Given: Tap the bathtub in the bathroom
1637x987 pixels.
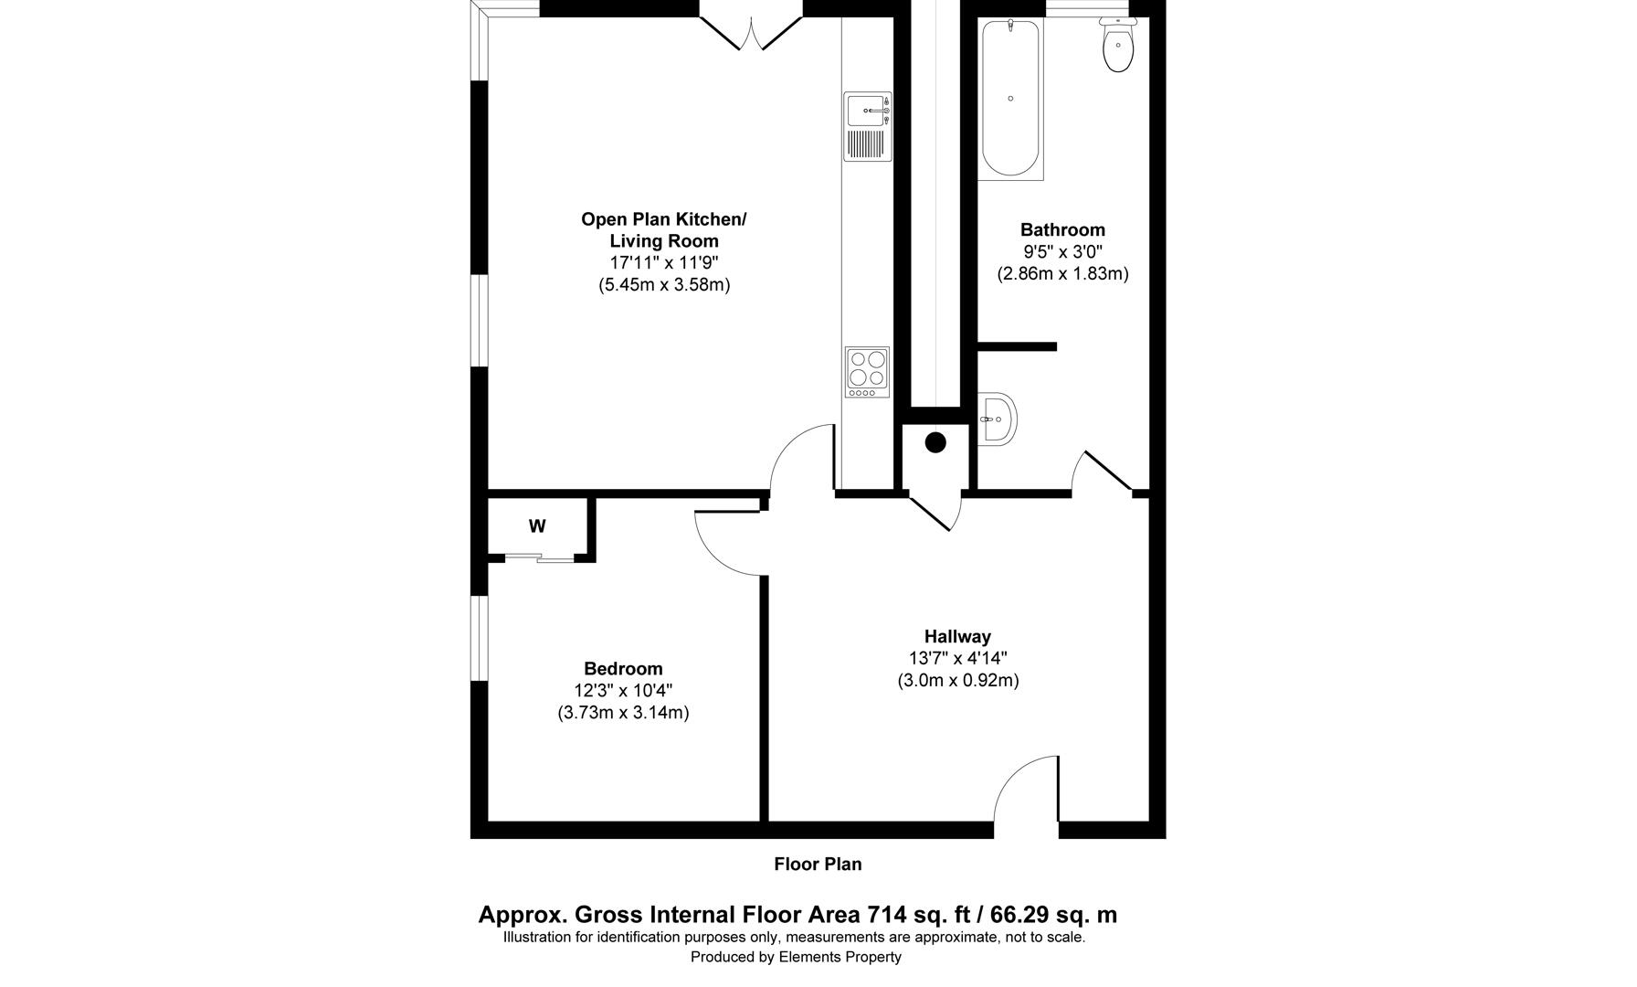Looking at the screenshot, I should pos(1010,99).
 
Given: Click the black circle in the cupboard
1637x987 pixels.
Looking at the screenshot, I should pos(935,443).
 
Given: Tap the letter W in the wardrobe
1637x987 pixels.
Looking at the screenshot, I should pos(537,526).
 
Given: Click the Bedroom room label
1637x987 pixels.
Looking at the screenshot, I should pos(623,669).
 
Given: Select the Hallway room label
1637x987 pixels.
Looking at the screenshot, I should pos(957,637).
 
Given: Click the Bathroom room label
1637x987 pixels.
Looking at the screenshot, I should pos(1062,230).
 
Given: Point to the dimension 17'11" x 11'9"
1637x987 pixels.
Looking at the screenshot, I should pos(664,263).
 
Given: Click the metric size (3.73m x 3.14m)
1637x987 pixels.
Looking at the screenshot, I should pos(623,713).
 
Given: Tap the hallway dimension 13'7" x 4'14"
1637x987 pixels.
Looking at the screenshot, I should pos(957,659).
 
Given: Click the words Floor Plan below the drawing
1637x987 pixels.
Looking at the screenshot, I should pos(818,865).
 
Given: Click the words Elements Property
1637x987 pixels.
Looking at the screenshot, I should pos(840,958).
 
